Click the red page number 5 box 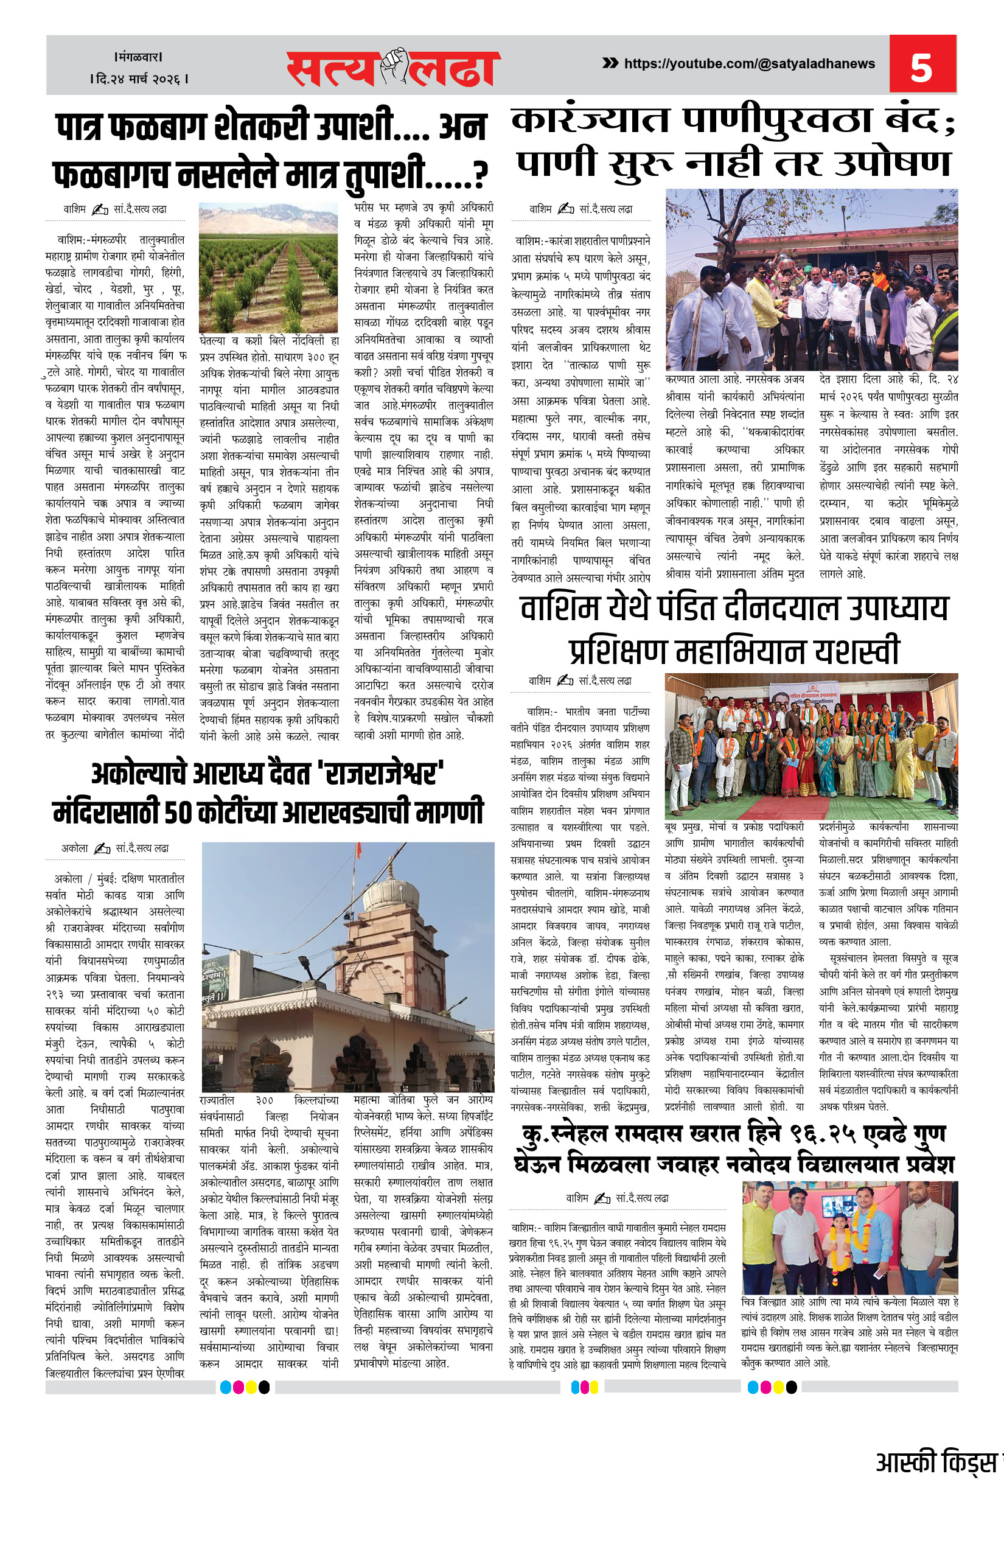[x=922, y=65]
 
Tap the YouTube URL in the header [x=749, y=64]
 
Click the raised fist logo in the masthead [x=394, y=65]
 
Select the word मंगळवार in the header [x=138, y=57]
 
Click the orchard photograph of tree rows [x=268, y=267]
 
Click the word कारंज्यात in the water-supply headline [x=590, y=121]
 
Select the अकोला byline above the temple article [x=75, y=848]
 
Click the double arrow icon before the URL [x=610, y=63]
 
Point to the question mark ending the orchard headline [x=480, y=175]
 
